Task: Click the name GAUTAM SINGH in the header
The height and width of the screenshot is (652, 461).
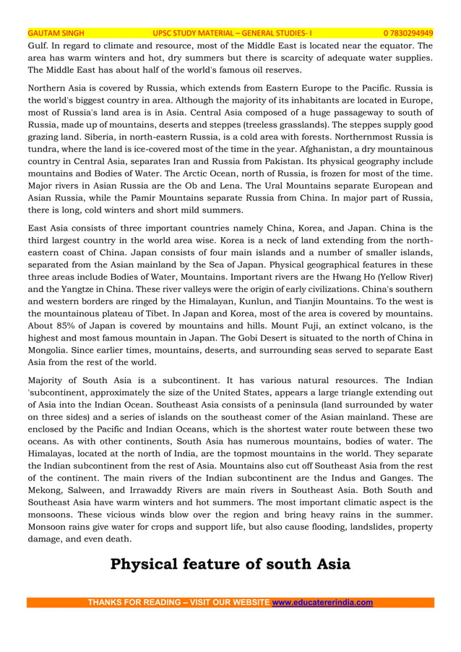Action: [x=56, y=33]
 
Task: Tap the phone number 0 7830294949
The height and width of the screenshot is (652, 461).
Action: [x=408, y=33]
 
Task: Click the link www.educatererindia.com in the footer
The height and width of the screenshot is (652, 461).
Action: [x=322, y=602]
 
